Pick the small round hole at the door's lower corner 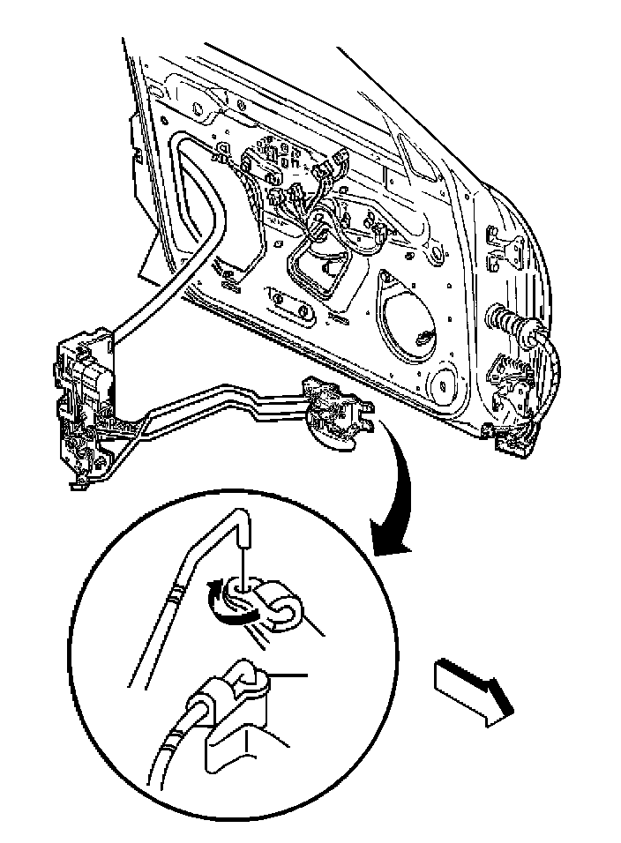438,384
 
